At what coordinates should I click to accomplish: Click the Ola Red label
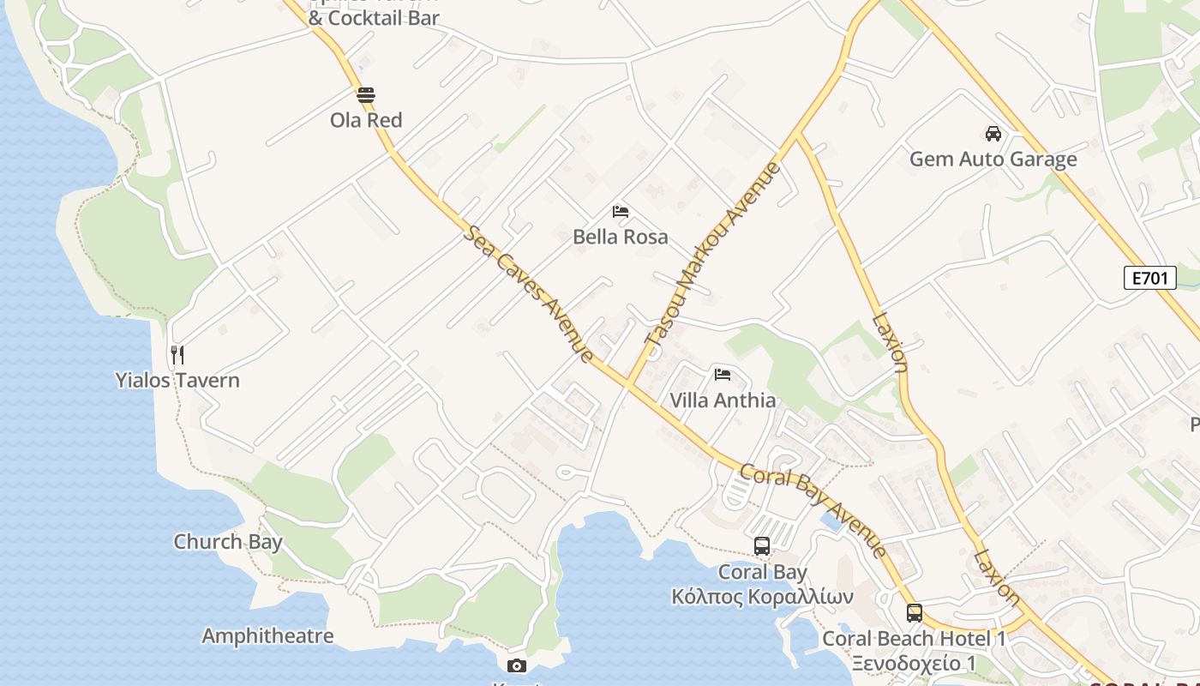coord(366,120)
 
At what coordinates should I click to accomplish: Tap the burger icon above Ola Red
coord(366,95)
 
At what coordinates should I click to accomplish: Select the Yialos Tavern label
coord(177,380)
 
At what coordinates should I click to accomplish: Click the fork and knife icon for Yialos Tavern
coord(177,355)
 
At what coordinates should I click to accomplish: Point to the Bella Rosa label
coord(620,237)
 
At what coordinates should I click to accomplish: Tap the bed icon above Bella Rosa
coord(621,212)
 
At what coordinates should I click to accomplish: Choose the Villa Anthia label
coord(723,400)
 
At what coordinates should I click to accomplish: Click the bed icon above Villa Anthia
coord(723,375)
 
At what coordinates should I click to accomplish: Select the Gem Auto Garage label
coord(993,159)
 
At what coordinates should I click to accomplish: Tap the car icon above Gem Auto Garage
coord(993,134)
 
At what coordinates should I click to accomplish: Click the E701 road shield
coord(1149,278)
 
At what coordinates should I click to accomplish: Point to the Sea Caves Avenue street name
coord(529,294)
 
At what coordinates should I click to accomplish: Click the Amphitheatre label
coord(267,636)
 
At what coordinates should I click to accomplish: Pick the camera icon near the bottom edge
coord(516,665)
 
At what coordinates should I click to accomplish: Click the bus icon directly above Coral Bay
coord(762,546)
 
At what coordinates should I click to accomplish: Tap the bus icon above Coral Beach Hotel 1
coord(915,613)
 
